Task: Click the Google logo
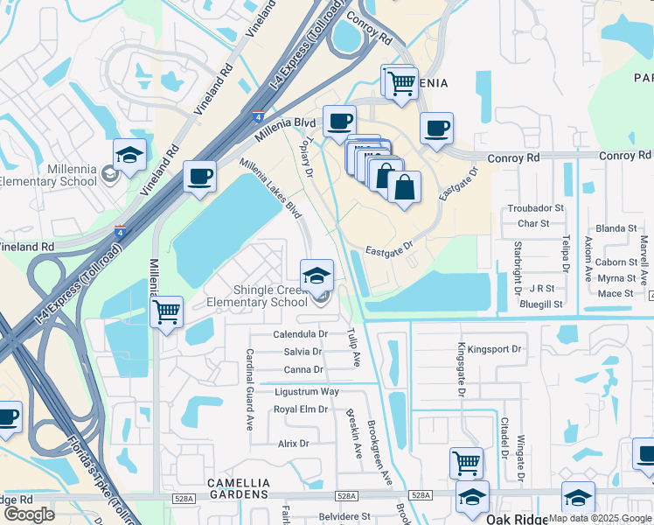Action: (x=29, y=514)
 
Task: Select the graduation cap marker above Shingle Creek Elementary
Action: (x=317, y=276)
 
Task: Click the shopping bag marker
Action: (x=404, y=187)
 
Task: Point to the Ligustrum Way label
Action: (x=306, y=392)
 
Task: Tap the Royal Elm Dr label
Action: (x=300, y=409)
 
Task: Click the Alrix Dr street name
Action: (x=294, y=444)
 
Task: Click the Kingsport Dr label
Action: (x=494, y=349)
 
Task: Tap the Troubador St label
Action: (x=536, y=209)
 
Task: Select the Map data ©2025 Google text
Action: (x=600, y=518)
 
